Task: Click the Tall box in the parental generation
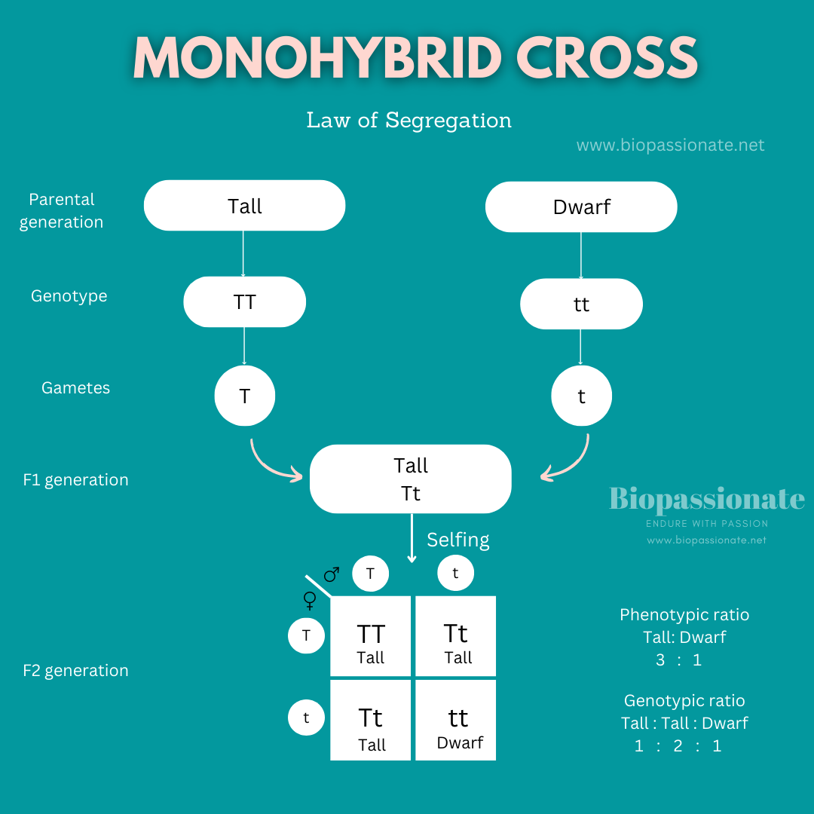(244, 206)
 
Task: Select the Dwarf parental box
(581, 207)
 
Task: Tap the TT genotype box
(244, 301)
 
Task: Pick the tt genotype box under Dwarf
(581, 304)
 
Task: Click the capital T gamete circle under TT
(244, 396)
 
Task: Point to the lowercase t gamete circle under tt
(581, 396)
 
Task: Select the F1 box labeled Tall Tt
(410, 479)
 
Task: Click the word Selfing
(457, 540)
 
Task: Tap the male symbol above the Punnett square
(332, 575)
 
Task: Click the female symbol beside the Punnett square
(310, 600)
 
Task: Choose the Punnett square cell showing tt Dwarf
(457, 721)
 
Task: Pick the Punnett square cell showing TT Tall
(371, 636)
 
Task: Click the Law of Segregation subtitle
(409, 120)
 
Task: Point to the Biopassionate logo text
(706, 499)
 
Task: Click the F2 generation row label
(75, 670)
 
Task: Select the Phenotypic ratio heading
(684, 614)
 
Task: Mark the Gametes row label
(75, 387)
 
